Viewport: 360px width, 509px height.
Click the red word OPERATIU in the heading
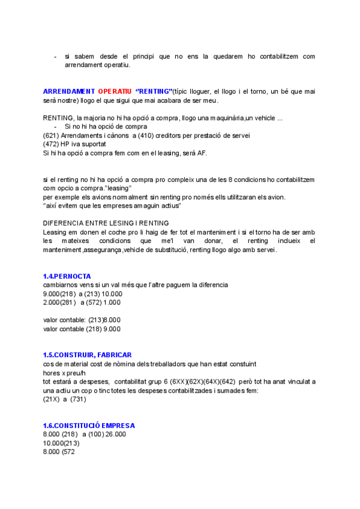pos(115,91)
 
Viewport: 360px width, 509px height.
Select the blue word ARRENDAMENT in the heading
pos(69,91)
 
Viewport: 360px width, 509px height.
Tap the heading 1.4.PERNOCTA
pos(67,276)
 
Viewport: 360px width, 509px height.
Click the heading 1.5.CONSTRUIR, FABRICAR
pos(87,355)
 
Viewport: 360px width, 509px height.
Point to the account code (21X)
pos(52,399)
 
